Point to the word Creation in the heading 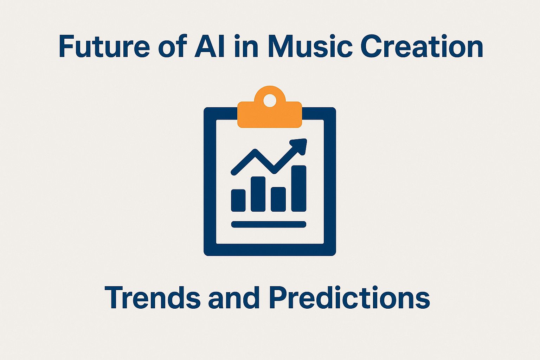coord(422,46)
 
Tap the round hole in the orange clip coord(270,100)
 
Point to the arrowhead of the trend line coord(300,145)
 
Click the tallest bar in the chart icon coord(299,188)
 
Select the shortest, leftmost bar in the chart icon coord(238,200)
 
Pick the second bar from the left coord(258,194)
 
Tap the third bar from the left coord(278,199)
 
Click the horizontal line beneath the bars coord(269,224)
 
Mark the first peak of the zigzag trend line coord(256,152)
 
